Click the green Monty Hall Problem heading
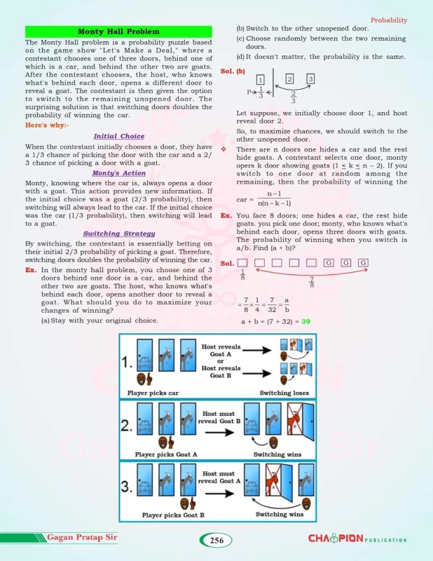[x=118, y=32]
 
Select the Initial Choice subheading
[x=118, y=136]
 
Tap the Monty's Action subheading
[x=118, y=173]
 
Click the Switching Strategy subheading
[x=118, y=234]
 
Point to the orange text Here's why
[x=47, y=125]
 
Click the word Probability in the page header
[x=389, y=20]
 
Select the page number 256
[x=216, y=540]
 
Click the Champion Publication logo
[x=357, y=539]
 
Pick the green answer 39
[x=305, y=321]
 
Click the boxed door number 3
[x=310, y=79]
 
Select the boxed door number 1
[x=261, y=79]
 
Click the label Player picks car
[x=154, y=393]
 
